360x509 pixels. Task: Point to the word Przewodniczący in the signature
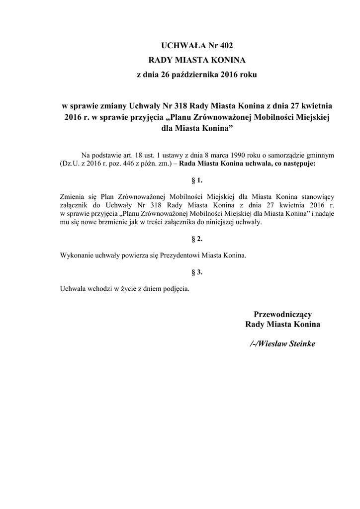coord(282,314)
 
